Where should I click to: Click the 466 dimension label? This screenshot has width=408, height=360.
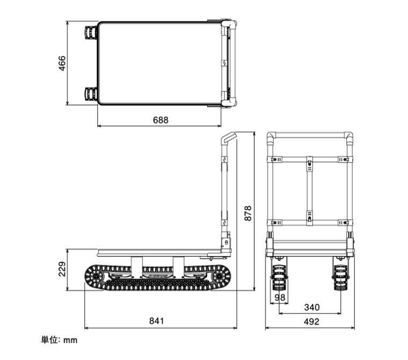point(62,63)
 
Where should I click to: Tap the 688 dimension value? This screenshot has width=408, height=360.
point(161,120)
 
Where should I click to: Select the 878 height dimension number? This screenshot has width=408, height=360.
point(248,213)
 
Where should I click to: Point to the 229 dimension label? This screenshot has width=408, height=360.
point(62,269)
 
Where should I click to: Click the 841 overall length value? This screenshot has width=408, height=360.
point(157,321)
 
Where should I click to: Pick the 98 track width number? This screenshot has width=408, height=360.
point(280,297)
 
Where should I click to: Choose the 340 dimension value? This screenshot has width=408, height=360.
point(312,307)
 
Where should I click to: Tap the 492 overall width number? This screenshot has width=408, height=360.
point(311,322)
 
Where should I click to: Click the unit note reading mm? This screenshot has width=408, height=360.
point(70,340)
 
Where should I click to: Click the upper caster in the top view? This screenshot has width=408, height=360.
point(91,33)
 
